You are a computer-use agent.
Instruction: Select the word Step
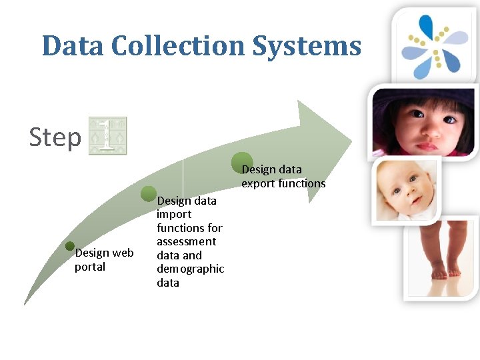coord(55,137)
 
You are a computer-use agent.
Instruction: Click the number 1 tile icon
coord(107,136)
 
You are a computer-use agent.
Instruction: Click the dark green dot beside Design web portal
coord(70,246)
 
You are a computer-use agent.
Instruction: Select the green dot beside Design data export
coord(241,161)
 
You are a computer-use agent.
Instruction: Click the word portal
coord(90,267)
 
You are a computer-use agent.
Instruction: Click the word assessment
coord(187,241)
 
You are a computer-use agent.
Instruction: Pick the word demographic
coord(190,269)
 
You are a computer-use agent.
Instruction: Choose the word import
coord(174,214)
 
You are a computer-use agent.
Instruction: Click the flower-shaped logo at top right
coord(435,44)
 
